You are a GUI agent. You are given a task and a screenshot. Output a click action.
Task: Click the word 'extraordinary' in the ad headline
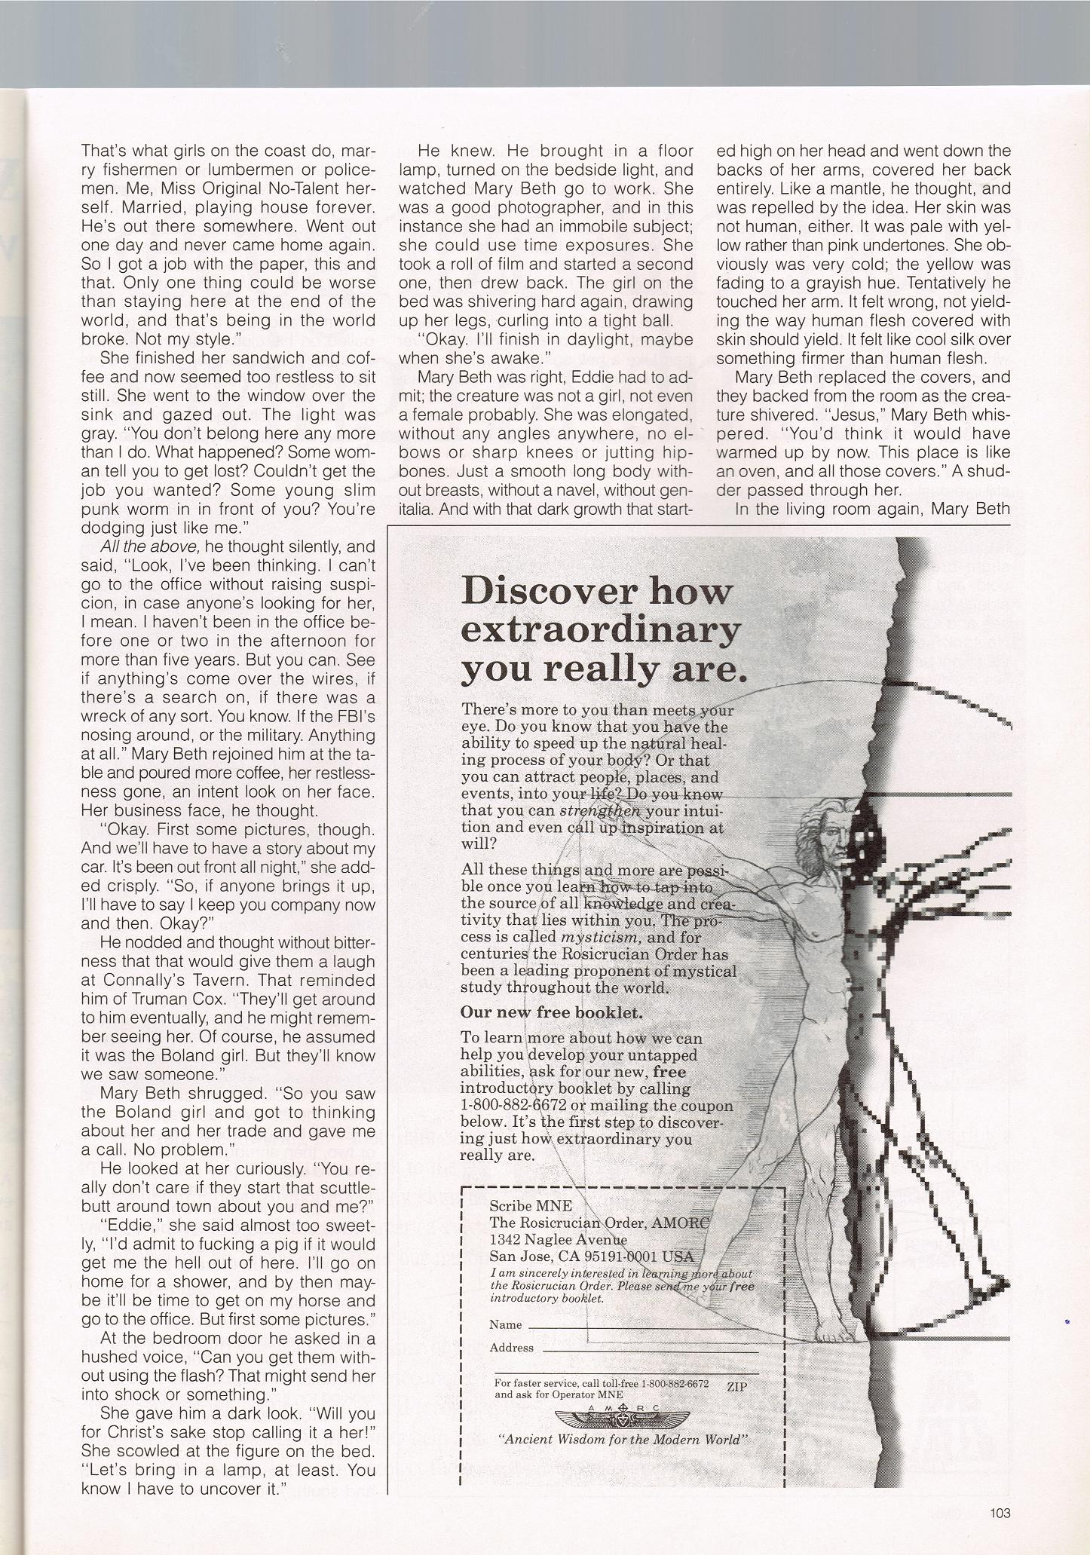[600, 629]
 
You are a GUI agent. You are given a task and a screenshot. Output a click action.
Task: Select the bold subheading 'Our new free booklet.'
[552, 1012]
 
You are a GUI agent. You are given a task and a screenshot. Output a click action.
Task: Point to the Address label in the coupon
[511, 1348]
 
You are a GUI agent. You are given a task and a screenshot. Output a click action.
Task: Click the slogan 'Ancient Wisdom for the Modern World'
[623, 1439]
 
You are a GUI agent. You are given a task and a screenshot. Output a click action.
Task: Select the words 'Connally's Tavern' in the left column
[158, 980]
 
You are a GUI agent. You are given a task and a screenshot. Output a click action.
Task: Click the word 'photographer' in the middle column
[531, 207]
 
